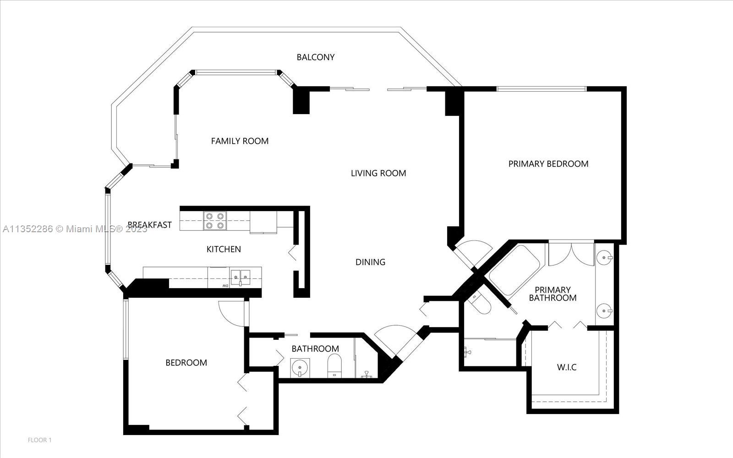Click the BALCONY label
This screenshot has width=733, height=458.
click(x=316, y=57)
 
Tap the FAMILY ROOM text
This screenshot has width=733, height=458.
click(x=240, y=141)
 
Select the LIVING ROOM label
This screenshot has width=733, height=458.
click(x=378, y=173)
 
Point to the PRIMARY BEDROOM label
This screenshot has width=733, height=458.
click(x=548, y=164)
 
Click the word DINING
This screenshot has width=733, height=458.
click(x=370, y=262)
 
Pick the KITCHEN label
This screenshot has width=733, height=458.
click(x=224, y=249)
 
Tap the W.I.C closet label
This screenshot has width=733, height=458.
click(x=566, y=367)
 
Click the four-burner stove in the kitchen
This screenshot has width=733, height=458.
click(x=215, y=221)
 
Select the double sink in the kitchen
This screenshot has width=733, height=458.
click(x=240, y=278)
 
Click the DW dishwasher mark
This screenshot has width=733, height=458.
click(x=225, y=286)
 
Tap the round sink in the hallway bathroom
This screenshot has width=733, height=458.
click(x=300, y=367)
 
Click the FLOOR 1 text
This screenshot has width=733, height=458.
click(x=39, y=440)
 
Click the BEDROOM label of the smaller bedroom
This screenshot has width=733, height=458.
click(x=186, y=362)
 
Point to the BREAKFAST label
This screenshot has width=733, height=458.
click(x=149, y=225)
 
